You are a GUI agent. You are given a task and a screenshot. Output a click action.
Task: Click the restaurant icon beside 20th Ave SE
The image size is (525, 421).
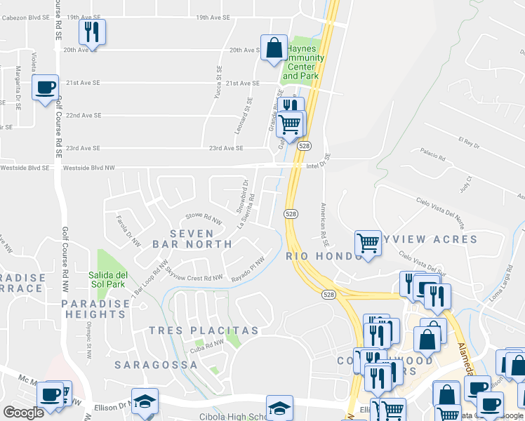coord(92,32)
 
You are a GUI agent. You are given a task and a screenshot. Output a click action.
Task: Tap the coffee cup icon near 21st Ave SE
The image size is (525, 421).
coord(46,88)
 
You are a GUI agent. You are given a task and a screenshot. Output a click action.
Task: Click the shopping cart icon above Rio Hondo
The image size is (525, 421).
coord(368,243)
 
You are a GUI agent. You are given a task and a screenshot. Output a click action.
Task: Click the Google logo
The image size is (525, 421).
coord(22,413)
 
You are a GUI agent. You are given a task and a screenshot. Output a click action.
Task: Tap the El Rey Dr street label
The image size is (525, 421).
coord(469,143)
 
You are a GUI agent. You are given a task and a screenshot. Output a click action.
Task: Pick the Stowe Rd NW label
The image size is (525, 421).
coord(203,219)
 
